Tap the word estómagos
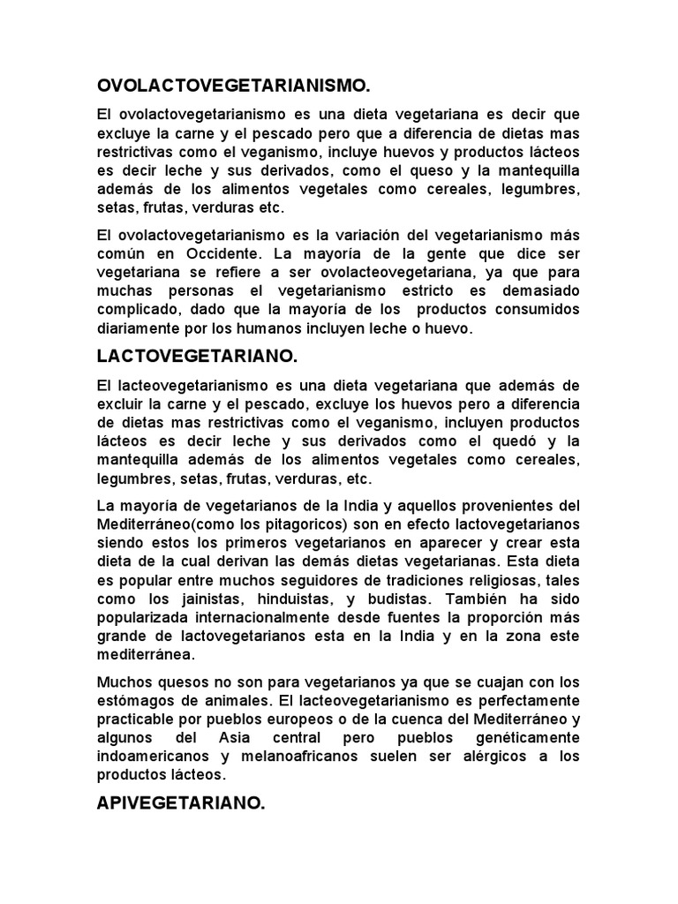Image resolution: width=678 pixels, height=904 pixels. pos(135,700)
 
